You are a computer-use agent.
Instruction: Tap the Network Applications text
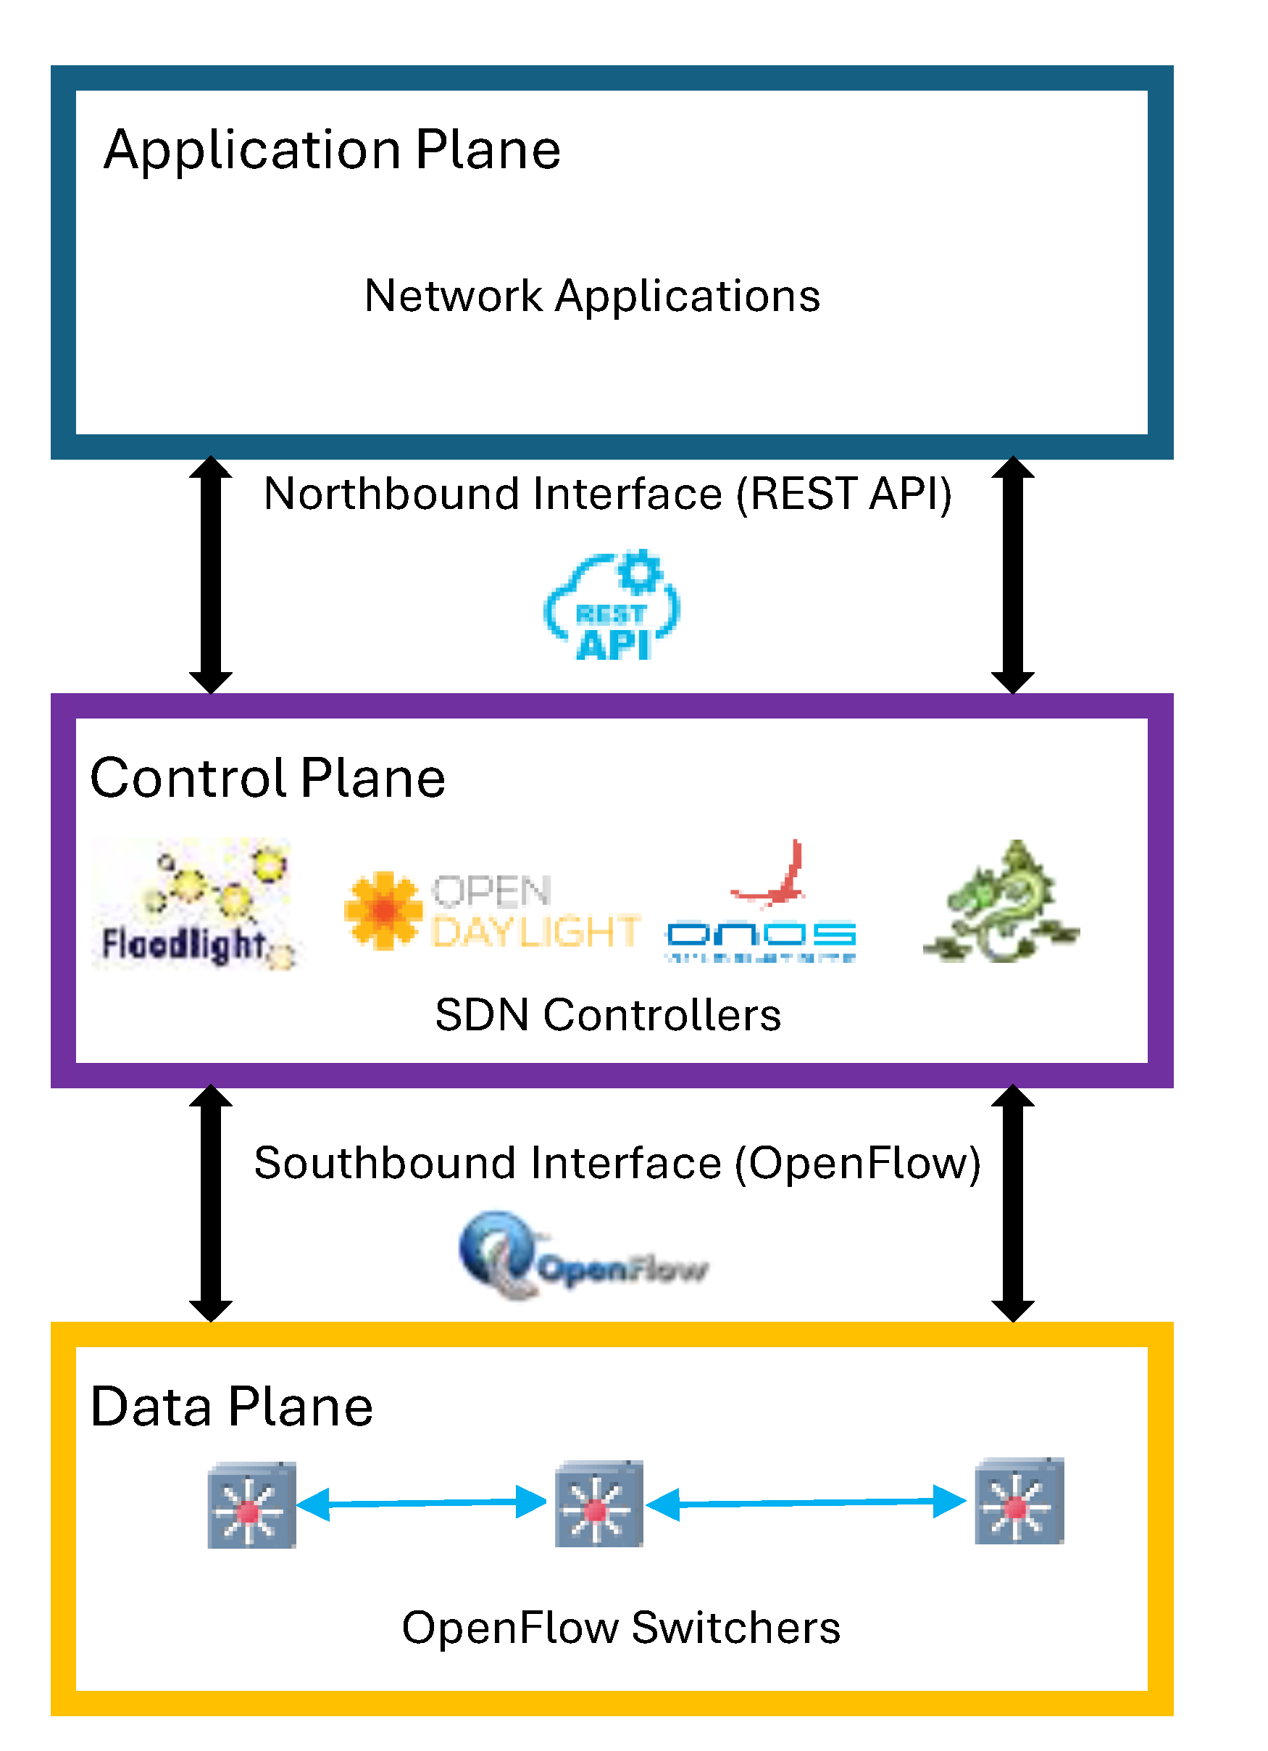click(592, 296)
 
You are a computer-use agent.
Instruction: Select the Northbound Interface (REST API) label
click(607, 493)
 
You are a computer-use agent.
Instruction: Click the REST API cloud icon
click(612, 607)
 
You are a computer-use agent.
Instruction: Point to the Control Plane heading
click(267, 777)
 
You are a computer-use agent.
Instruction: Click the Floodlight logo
click(193, 903)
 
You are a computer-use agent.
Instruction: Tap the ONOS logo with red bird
click(761, 903)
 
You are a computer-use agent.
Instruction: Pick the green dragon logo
click(1000, 902)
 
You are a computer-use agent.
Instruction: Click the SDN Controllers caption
click(607, 1014)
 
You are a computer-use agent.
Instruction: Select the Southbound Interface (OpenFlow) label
click(617, 1163)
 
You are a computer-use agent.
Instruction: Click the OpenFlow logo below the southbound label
click(583, 1256)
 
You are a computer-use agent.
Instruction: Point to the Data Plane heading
click(232, 1407)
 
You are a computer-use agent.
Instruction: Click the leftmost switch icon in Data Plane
click(251, 1504)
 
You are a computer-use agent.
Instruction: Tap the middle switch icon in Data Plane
click(599, 1504)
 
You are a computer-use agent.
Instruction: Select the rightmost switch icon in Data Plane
click(1019, 1501)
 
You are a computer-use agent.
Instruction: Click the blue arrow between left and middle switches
click(422, 1502)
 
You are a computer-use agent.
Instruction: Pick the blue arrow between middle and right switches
click(806, 1502)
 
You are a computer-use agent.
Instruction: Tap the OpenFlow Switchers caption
click(620, 1628)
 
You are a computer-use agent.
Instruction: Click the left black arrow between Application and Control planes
click(211, 574)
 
